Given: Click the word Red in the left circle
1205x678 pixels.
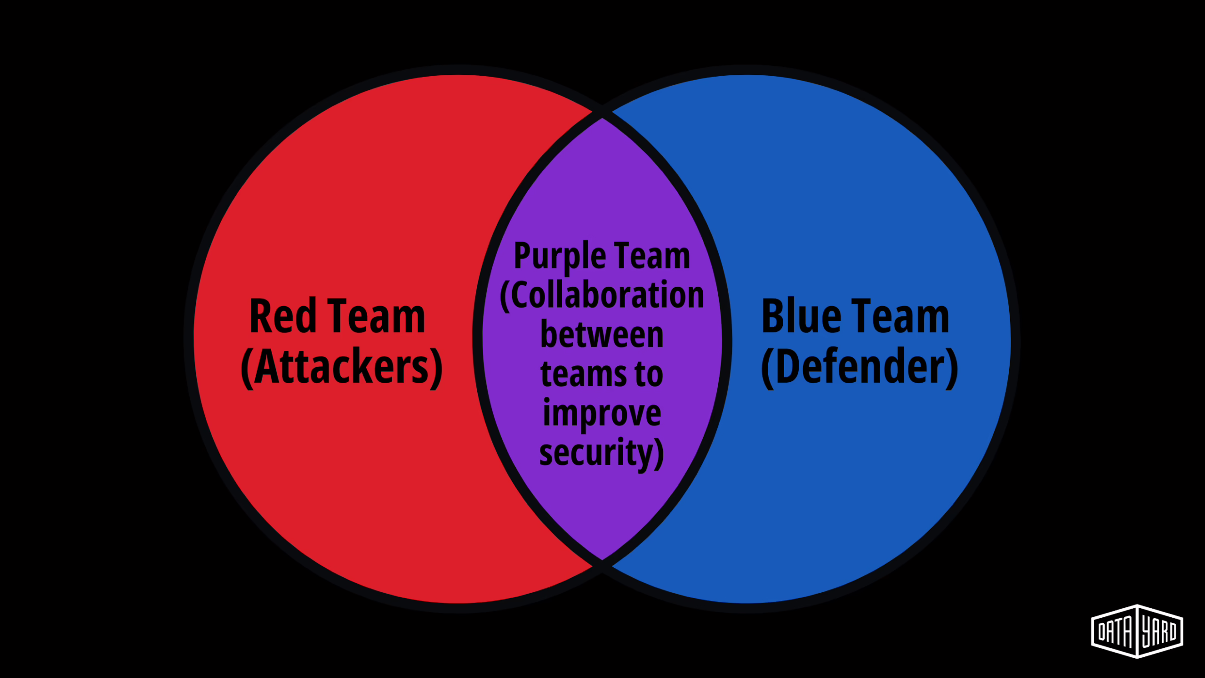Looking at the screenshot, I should click(x=282, y=316).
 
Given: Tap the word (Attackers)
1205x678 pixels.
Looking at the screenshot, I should click(x=341, y=367).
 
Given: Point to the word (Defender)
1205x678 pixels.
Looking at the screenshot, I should click(x=860, y=367).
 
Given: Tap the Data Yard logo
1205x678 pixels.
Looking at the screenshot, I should click(x=1137, y=631).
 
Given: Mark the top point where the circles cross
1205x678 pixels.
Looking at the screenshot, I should click(x=602, y=113).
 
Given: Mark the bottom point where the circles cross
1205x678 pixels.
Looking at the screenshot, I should click(x=602, y=564).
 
